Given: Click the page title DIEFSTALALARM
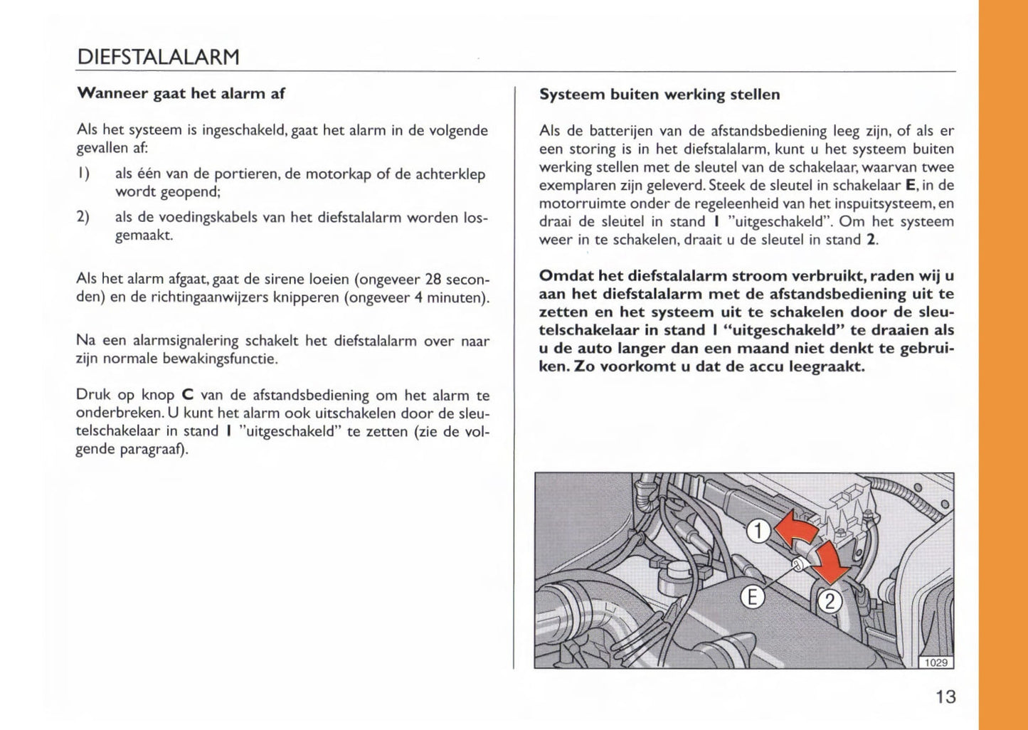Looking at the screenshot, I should (157, 57).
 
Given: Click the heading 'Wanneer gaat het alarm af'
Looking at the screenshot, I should (181, 93).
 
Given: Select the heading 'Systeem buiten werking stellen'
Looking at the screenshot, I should (659, 94).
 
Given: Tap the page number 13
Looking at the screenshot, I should (945, 697).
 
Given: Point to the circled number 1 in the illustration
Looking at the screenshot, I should (759, 531).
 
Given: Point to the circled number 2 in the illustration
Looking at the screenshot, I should (829, 603).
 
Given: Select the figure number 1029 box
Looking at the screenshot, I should (936, 662).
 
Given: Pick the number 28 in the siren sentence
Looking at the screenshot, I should (434, 279).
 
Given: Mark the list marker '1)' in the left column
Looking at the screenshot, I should (83, 174).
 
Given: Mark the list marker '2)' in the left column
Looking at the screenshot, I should (83, 217).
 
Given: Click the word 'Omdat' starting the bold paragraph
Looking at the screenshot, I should (565, 275).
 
